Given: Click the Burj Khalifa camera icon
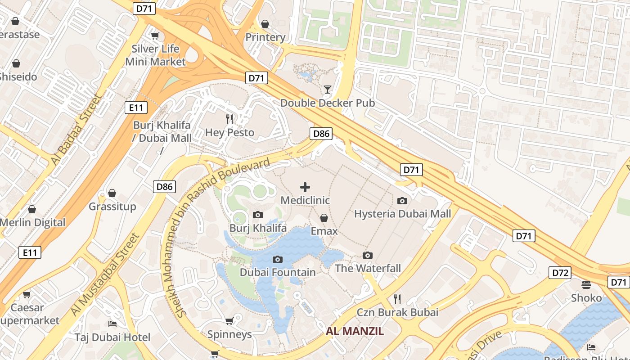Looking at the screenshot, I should (x=258, y=215).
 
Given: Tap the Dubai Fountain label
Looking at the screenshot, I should (x=278, y=272).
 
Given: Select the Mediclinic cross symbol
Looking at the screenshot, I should (x=305, y=187).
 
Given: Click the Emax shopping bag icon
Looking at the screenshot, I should (x=324, y=218).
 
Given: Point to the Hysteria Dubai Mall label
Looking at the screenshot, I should (x=402, y=214).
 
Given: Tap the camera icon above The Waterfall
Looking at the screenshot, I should (x=368, y=255).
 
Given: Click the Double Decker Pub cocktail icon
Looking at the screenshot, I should (x=328, y=90).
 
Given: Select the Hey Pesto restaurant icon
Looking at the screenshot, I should (x=230, y=119).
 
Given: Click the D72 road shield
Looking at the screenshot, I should (x=559, y=272).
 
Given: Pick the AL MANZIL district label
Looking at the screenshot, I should (x=355, y=332).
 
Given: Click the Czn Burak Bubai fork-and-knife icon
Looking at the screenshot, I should (x=397, y=299).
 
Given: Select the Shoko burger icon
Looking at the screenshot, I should (x=586, y=284).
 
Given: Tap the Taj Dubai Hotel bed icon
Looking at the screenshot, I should (x=112, y=324).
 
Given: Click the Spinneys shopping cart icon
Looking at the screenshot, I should (x=229, y=321).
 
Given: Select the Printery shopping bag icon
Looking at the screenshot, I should (x=265, y=23).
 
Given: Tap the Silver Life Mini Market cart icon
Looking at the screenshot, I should (x=155, y=36).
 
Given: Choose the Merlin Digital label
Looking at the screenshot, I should (x=33, y=222).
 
